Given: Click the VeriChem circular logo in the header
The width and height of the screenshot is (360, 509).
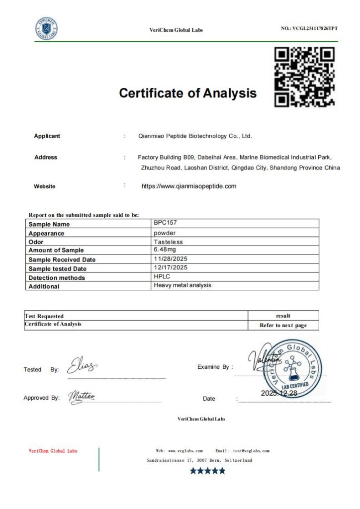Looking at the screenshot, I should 46,29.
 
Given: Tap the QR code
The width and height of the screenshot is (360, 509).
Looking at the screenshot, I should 304,77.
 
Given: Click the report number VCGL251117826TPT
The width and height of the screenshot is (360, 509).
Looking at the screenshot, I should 309,28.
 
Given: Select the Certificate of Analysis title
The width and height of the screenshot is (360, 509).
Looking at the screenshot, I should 187,93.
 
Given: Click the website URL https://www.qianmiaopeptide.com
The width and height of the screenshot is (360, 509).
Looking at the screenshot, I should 189,186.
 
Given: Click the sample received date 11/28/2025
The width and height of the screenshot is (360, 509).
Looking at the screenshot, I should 171,258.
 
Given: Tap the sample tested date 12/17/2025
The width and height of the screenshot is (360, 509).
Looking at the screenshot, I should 171,267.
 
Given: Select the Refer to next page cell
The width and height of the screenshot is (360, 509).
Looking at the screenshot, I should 283,326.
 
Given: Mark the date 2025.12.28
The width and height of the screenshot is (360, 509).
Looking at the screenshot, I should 279,393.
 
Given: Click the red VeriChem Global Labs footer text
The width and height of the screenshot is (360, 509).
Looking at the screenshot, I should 53,451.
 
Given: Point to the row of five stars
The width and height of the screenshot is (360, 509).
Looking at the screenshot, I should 207,471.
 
